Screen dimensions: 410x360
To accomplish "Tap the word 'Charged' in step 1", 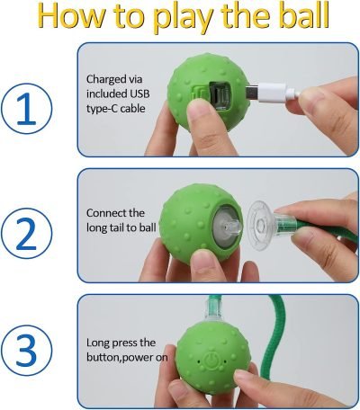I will coord(106,78).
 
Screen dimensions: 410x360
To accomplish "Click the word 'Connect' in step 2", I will coord(107,213).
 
